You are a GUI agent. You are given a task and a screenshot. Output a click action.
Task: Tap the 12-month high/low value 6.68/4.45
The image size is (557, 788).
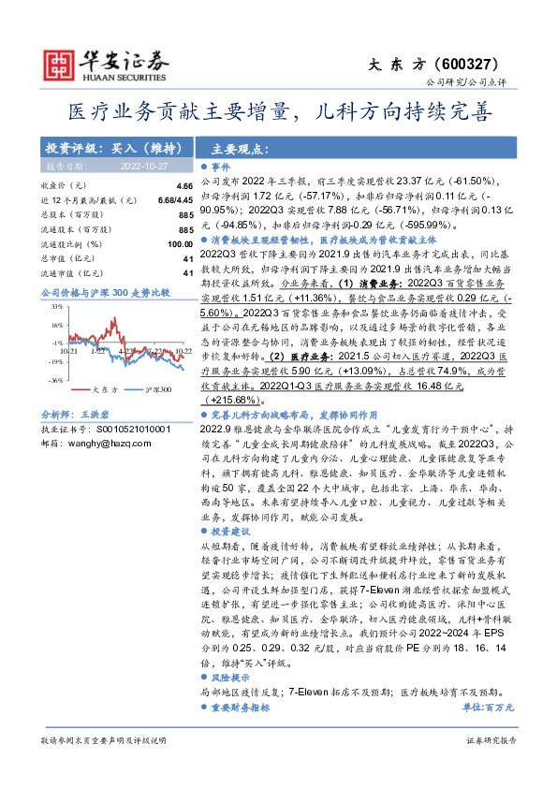click(x=176, y=201)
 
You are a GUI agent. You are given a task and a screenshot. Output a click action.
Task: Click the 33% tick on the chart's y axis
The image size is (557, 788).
click(x=56, y=306)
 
